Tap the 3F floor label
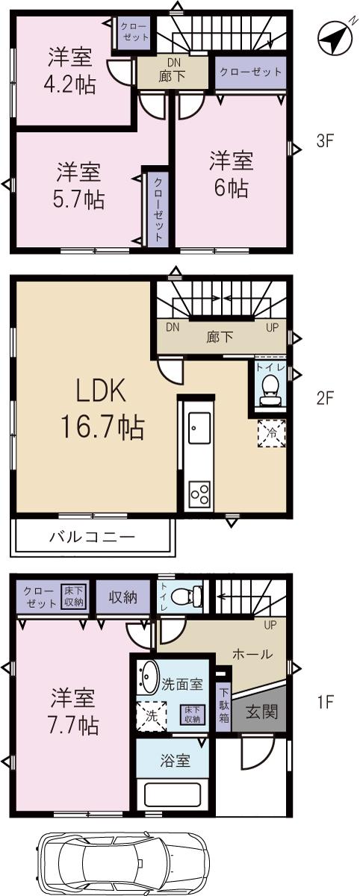pos(323,140)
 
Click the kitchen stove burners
pos(199,494)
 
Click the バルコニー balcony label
pos(92,536)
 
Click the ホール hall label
pos(252,654)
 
